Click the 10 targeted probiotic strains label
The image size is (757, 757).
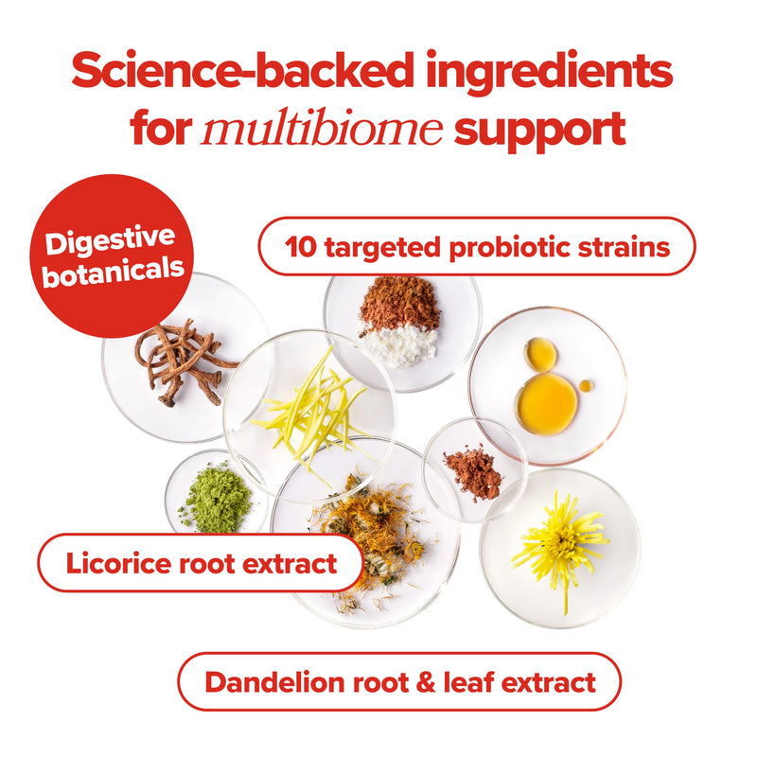click(477, 247)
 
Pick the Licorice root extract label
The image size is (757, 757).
click(201, 565)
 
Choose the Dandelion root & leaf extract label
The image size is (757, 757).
click(399, 681)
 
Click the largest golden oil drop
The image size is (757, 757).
click(546, 403)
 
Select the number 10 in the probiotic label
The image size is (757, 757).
click(300, 247)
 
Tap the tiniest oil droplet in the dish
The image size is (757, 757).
click(587, 385)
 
